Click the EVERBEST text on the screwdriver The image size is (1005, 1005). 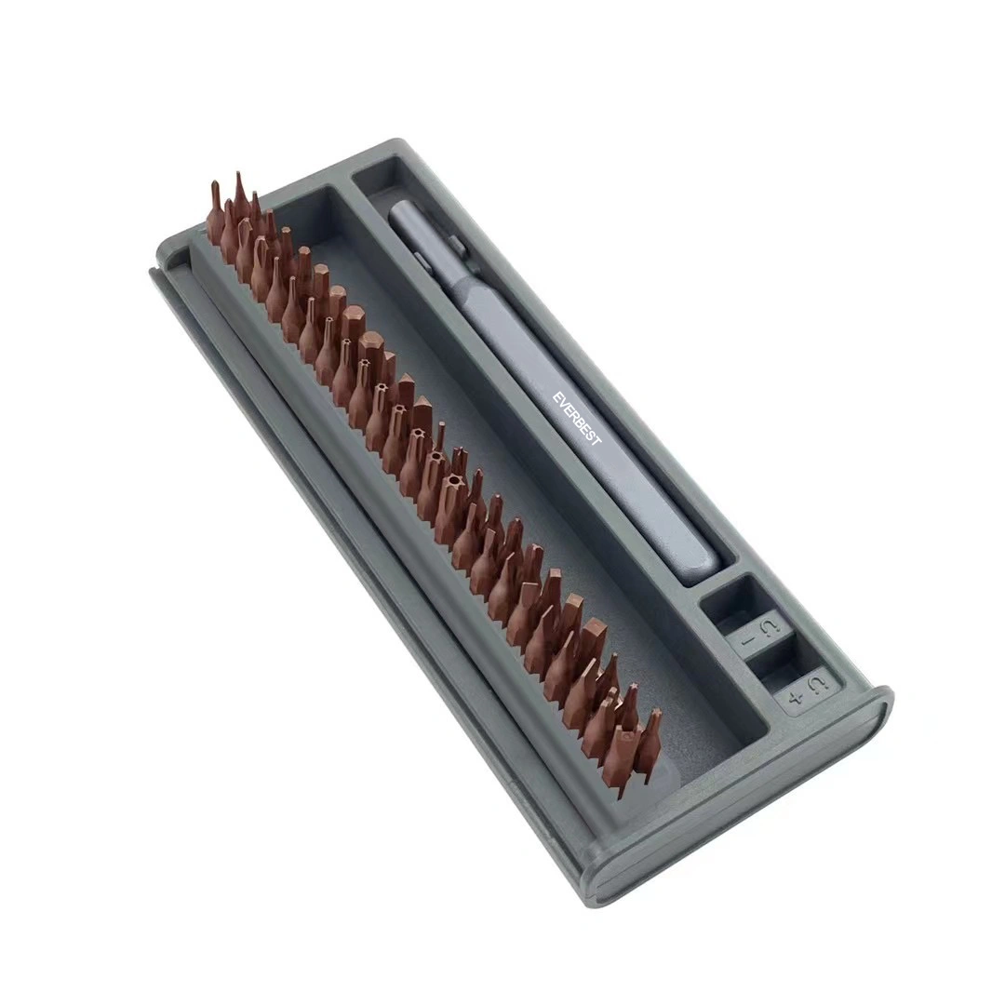pyautogui.click(x=577, y=419)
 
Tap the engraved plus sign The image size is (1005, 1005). pyautogui.click(x=796, y=698)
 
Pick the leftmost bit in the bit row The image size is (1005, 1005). pyautogui.click(x=215, y=211)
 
